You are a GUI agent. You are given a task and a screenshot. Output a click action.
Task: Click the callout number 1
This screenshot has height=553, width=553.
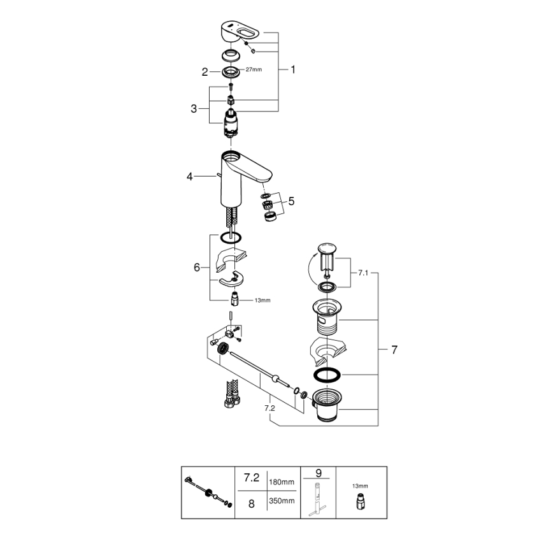(x=293, y=70)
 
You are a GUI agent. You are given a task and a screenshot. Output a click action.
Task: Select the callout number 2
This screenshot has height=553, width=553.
(x=205, y=72)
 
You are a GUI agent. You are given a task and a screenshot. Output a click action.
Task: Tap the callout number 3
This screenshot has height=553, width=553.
(x=194, y=109)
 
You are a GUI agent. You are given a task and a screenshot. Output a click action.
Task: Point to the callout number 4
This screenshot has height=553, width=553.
(x=189, y=176)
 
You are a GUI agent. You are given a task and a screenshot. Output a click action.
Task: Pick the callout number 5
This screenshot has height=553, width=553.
(x=291, y=201)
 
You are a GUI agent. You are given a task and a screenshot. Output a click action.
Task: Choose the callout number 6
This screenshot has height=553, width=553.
(x=197, y=268)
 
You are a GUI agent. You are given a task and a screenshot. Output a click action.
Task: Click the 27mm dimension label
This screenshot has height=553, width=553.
(x=254, y=69)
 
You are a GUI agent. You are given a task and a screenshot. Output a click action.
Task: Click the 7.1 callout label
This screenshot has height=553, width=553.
(x=363, y=272)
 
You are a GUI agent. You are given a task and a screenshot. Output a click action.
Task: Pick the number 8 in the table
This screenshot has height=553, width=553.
(x=251, y=503)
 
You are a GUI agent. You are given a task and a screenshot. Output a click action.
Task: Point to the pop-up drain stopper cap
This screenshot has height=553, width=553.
(x=328, y=249)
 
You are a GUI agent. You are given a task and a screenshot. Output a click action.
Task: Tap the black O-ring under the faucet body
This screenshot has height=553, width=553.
(x=231, y=238)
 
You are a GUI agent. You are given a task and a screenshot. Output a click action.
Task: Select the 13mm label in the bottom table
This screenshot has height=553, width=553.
(x=360, y=485)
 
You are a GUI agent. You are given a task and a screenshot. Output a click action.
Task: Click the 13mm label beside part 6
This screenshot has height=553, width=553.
(x=261, y=300)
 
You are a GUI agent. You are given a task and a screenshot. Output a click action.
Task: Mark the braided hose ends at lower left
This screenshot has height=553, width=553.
(x=229, y=394)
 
